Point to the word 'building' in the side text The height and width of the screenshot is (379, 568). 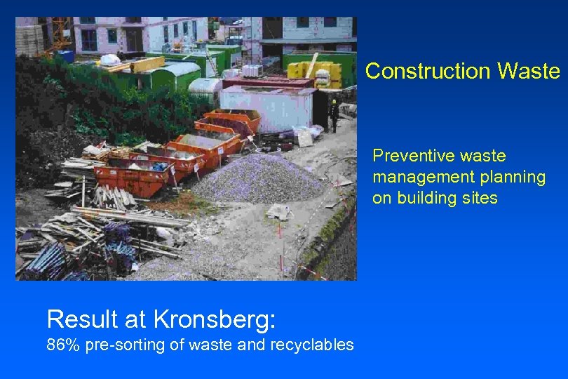pos(427,198)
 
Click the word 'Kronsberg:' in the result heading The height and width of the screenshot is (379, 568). pos(215,319)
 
